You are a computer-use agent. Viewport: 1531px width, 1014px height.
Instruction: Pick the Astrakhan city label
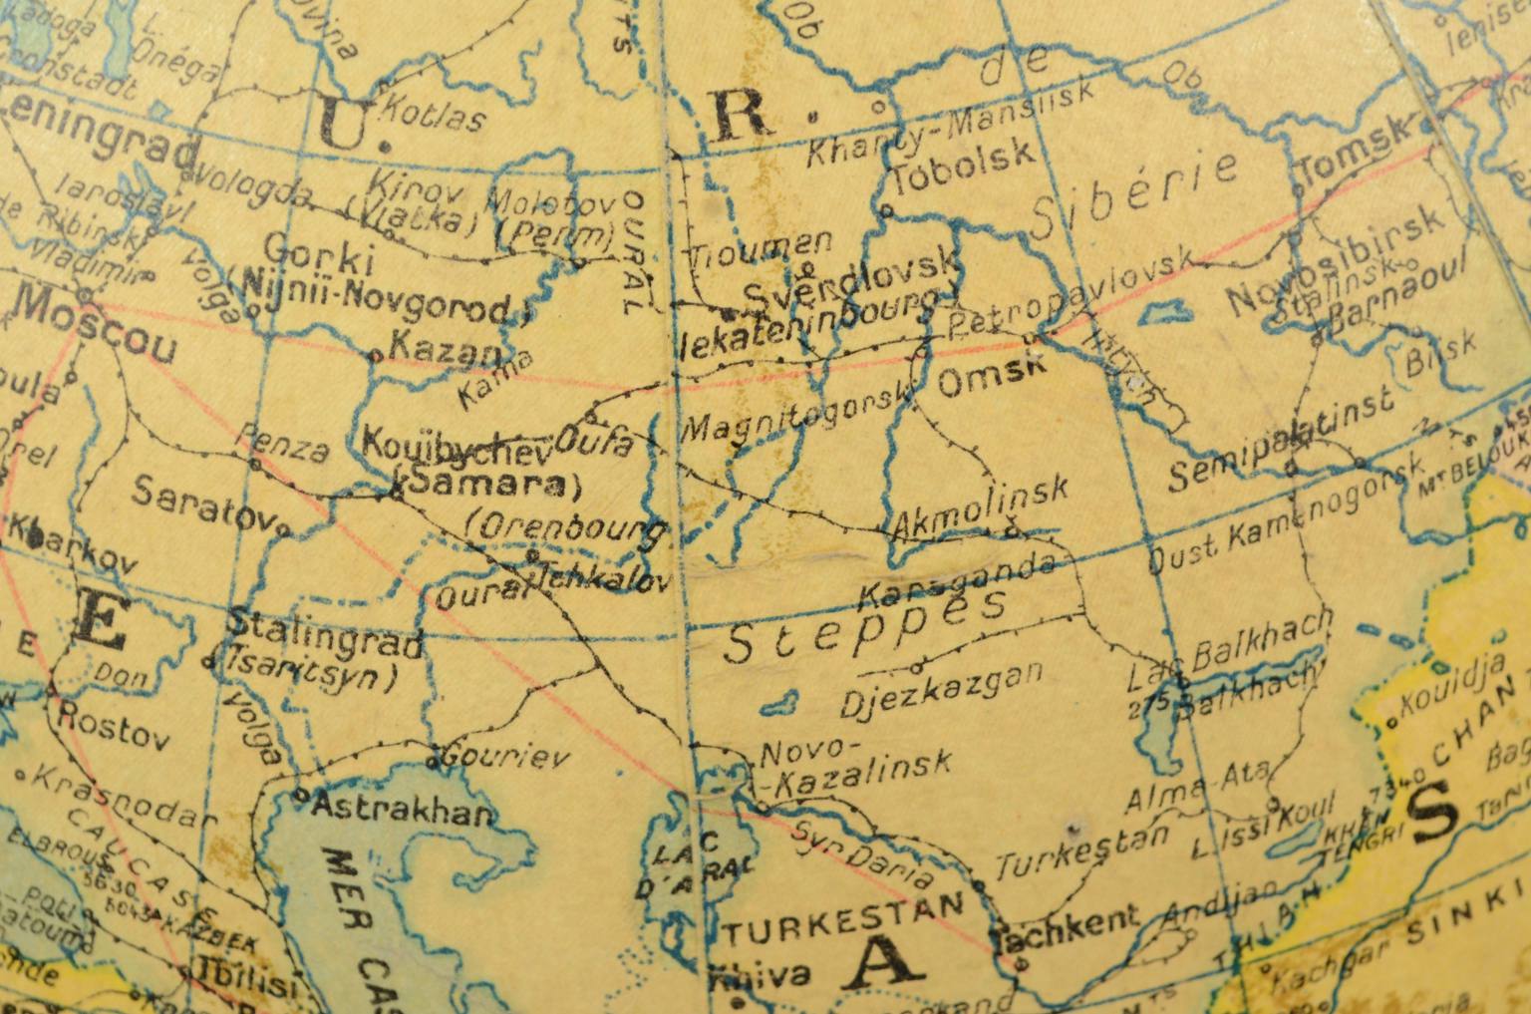tap(402, 809)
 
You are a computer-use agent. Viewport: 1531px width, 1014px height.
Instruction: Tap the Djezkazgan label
tap(942, 687)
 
